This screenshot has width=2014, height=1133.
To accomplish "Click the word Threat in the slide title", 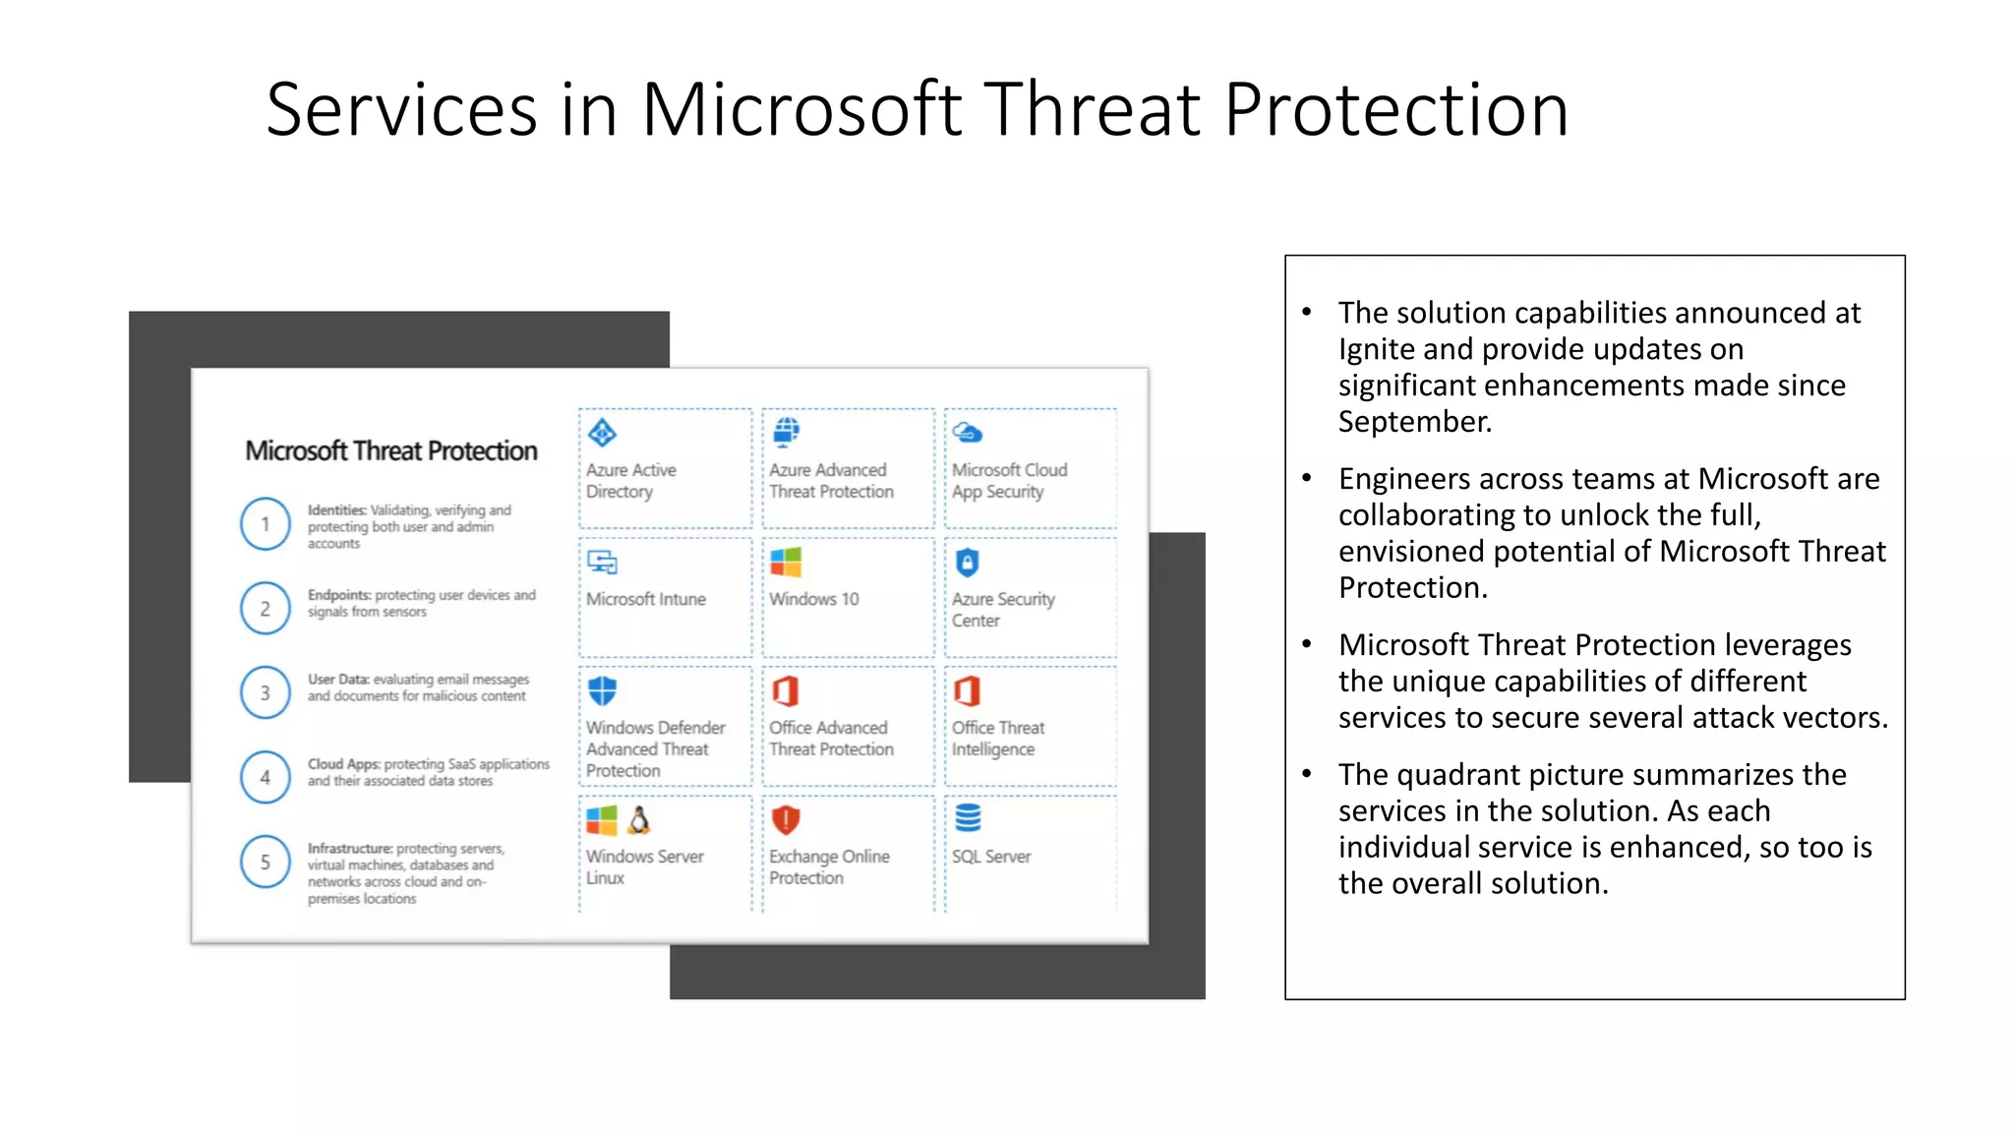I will (1092, 109).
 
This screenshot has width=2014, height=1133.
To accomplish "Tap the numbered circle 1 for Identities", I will (265, 524).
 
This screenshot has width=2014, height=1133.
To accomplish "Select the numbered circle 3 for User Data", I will (265, 692).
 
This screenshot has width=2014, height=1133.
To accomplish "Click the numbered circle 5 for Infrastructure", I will (265, 862).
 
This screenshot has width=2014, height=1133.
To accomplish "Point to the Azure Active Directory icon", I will (602, 433).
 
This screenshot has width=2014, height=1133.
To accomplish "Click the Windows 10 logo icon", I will (786, 562).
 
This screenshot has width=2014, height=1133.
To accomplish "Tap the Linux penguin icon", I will (639, 819).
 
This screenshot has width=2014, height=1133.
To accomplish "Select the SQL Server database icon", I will (968, 817).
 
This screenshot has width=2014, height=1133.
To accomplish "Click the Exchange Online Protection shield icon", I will (786, 819).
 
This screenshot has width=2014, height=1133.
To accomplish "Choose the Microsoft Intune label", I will (645, 599).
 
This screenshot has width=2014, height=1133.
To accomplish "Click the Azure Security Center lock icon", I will (968, 563).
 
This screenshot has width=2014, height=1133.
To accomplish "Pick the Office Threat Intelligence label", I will (997, 738).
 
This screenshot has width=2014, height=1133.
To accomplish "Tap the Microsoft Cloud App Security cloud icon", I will (968, 433).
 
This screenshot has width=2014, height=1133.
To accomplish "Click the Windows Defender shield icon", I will (602, 690).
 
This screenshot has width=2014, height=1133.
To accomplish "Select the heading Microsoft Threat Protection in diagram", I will (390, 450).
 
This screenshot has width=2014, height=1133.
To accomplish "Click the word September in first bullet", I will (1414, 422).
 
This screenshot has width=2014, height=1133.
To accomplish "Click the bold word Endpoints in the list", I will (338, 595).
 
